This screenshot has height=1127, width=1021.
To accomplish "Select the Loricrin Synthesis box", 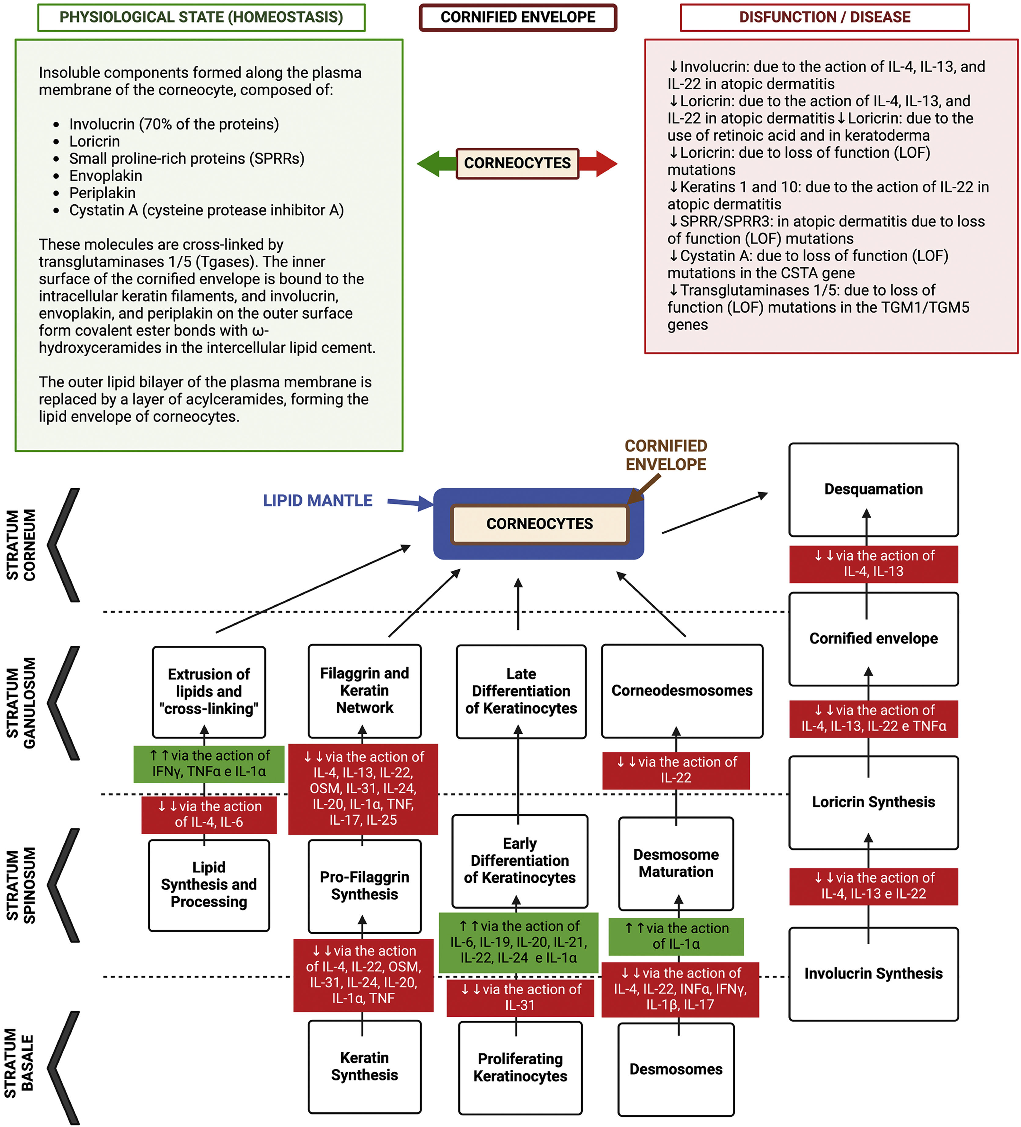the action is click(x=873, y=802).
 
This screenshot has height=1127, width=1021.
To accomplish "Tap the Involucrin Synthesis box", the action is click(x=873, y=974).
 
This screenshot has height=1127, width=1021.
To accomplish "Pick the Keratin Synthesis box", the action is click(x=365, y=1066).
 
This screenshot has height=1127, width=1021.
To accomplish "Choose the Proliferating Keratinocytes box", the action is click(x=520, y=1068).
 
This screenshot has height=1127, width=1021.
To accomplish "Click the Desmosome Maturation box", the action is click(x=676, y=864).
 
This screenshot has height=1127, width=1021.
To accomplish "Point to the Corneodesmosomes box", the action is click(x=682, y=691).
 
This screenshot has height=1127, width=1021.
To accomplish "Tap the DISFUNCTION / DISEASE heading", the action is click(x=825, y=17).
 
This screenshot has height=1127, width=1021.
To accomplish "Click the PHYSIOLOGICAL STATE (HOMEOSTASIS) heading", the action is click(x=201, y=17).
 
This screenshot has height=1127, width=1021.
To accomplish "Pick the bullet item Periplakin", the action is click(x=102, y=193).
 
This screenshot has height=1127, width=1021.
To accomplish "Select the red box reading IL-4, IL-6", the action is click(x=209, y=814).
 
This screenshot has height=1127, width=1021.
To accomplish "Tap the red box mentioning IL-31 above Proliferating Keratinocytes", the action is click(x=520, y=998).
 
